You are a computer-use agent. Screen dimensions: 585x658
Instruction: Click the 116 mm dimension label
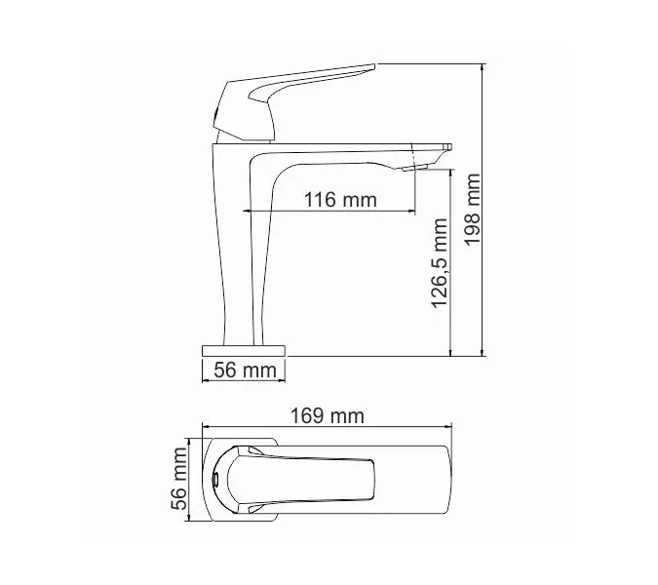click(x=339, y=200)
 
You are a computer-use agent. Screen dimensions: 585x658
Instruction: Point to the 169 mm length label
click(x=328, y=416)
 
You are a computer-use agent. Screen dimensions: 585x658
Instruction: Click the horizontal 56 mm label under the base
click(x=242, y=370)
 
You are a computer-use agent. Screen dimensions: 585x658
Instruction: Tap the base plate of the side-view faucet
click(x=242, y=349)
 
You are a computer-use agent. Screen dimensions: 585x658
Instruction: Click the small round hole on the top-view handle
click(x=215, y=480)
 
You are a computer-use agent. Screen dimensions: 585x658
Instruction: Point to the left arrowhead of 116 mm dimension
click(x=247, y=211)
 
